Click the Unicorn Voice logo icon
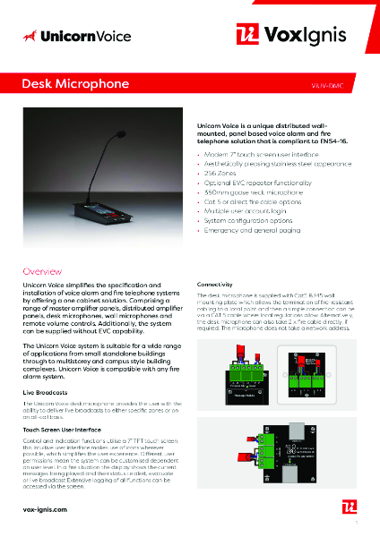(32, 36)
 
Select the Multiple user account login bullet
(244, 212)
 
